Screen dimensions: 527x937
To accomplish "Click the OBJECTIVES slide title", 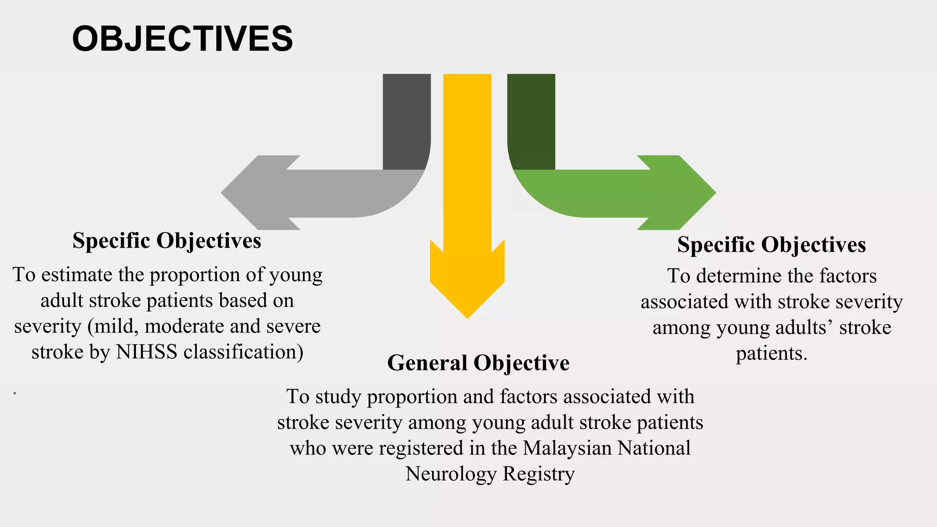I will (x=182, y=39).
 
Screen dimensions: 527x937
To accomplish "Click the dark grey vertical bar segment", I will (x=406, y=121).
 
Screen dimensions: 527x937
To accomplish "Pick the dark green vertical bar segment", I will (x=531, y=121).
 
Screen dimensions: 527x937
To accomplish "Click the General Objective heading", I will (x=478, y=363).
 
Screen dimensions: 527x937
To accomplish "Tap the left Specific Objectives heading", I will (x=167, y=241).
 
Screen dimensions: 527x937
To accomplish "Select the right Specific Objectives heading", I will (x=771, y=245).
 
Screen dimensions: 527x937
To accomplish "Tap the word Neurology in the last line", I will (x=451, y=474).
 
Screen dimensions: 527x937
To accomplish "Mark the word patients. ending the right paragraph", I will (x=771, y=354).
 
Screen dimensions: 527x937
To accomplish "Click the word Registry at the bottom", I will (x=539, y=474).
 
